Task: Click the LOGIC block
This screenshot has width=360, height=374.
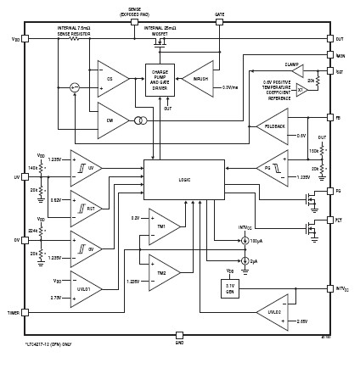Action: pos(183,179)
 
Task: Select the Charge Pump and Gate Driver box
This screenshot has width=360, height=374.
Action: pos(160,79)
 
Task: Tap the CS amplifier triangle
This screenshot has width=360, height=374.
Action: pos(111,78)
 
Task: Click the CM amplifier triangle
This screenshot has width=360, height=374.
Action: pos(111,120)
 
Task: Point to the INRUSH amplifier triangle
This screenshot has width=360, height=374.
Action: pos(200,78)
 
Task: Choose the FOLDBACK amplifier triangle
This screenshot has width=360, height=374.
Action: pos(273,126)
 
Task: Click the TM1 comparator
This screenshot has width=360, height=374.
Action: pos(162,226)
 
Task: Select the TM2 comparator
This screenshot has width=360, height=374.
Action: pos(162,273)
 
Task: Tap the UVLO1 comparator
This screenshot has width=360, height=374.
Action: pos(85,289)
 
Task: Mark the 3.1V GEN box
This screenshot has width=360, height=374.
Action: pos(229,288)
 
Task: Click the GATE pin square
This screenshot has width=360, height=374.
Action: pos(219,22)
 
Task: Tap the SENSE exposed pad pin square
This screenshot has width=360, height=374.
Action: pos(134,22)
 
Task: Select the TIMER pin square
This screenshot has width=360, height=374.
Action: pos(25,312)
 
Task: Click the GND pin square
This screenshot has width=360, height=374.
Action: pos(179,335)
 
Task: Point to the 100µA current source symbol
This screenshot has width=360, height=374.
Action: pos(245,241)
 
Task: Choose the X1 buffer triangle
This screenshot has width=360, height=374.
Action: pos(300,89)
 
